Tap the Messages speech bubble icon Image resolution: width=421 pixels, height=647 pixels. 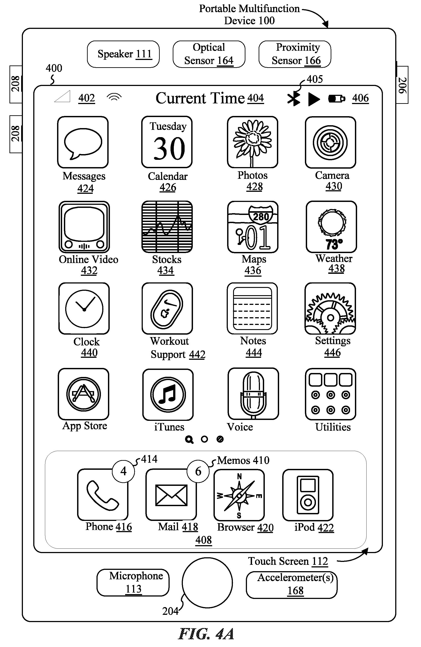point(83,142)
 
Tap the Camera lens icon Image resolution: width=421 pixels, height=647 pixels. point(330,142)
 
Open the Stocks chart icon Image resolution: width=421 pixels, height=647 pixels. point(167,227)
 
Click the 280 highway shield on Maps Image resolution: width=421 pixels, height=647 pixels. point(261,215)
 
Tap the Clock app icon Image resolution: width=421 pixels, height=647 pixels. point(84,308)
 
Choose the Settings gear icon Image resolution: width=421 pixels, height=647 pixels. point(330,308)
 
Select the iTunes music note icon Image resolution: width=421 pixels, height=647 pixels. point(168,394)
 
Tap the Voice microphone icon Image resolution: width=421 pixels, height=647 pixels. point(253,394)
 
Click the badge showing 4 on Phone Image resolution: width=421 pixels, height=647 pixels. point(124,471)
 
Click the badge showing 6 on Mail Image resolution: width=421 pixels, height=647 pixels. point(198,471)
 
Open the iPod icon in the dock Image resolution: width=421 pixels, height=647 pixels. point(308,495)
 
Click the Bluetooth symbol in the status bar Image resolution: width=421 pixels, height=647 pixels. point(294,98)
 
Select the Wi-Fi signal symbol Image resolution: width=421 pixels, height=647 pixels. point(114,97)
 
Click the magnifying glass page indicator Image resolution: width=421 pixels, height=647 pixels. point(189,439)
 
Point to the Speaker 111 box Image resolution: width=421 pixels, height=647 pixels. point(123,54)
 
